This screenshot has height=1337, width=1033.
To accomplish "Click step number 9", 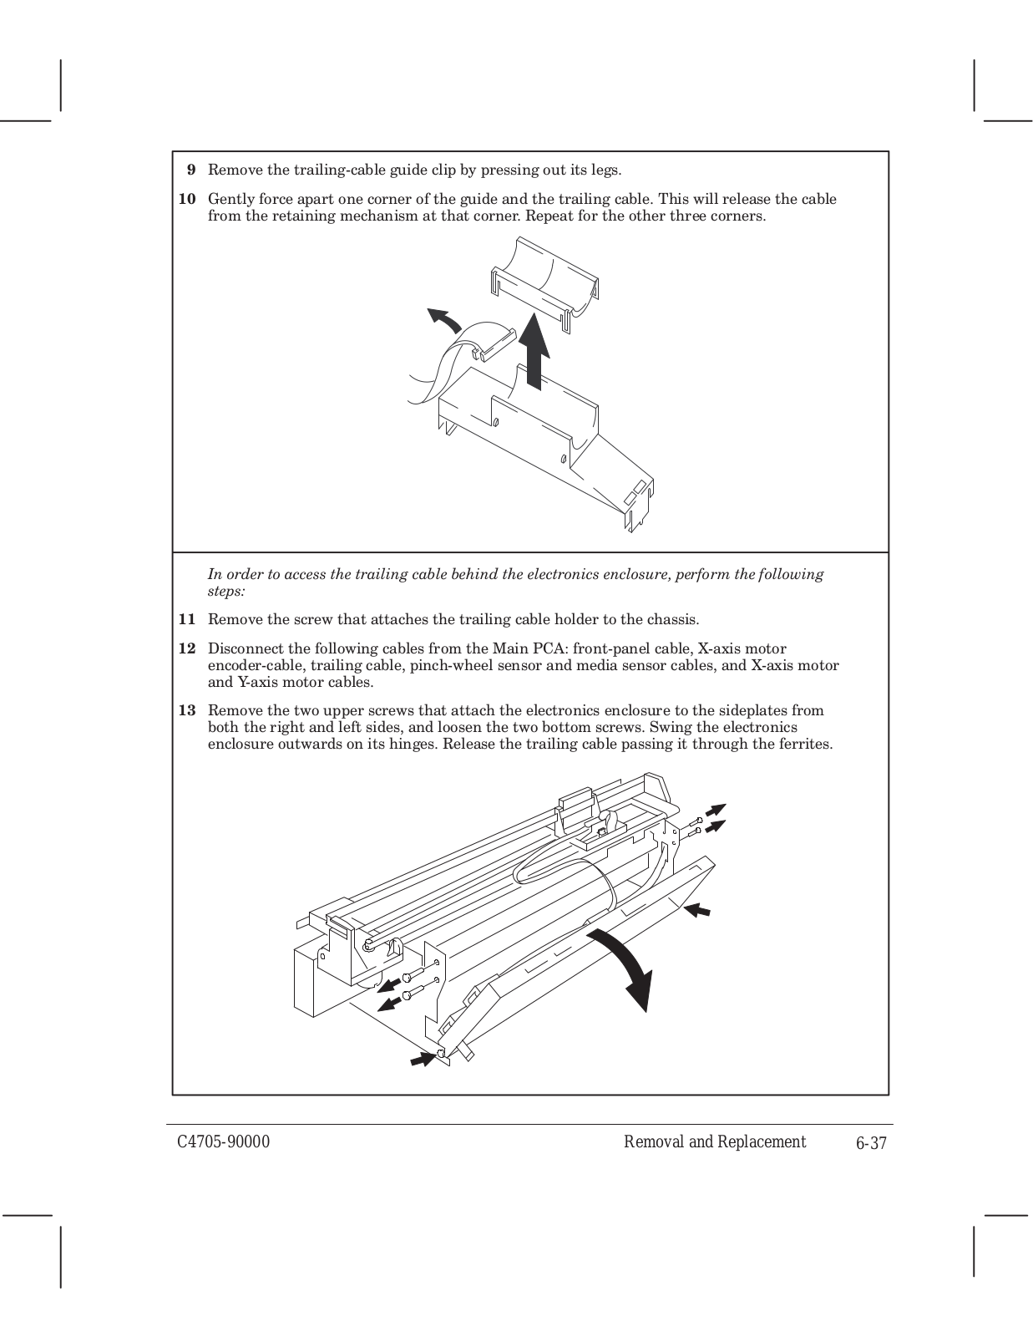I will pyautogui.click(x=191, y=170).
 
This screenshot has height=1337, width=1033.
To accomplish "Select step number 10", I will pyautogui.click(x=188, y=200).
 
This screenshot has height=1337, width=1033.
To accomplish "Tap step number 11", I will pyautogui.click(x=188, y=620).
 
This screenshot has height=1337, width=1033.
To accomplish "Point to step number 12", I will pyautogui.click(x=188, y=649).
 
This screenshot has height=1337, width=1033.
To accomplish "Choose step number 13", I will pyautogui.click(x=188, y=711).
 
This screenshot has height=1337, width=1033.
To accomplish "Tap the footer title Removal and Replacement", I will pyautogui.click(x=715, y=1142).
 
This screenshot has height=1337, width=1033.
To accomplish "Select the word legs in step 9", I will pyautogui.click(x=604, y=170).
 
